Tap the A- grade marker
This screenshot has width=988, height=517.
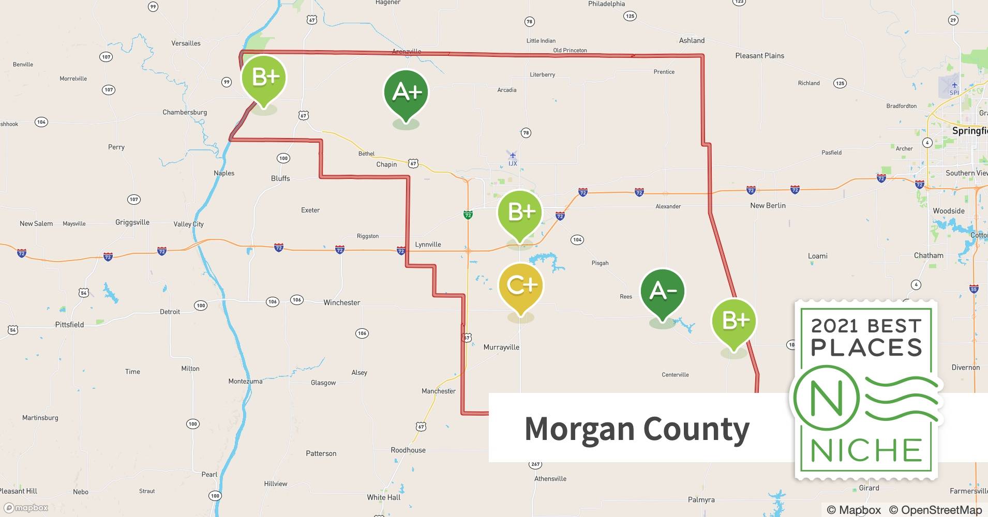pyautogui.click(x=662, y=292)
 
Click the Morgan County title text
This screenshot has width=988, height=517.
pyautogui.click(x=637, y=429)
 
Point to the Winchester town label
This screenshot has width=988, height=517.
pyautogui.click(x=341, y=302)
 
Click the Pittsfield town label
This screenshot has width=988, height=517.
pyautogui.click(x=69, y=325)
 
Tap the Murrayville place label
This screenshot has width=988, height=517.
pyautogui.click(x=501, y=347)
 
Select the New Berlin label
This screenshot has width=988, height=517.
pyautogui.click(x=768, y=205)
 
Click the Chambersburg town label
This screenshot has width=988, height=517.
pyautogui.click(x=185, y=112)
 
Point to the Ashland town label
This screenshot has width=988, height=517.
pyautogui.click(x=692, y=40)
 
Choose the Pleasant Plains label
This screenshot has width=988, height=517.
pyautogui.click(x=759, y=56)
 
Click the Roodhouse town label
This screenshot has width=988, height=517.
pyautogui.click(x=408, y=450)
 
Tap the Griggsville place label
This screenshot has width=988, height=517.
pyautogui.click(x=132, y=222)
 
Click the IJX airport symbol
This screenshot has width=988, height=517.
pyautogui.click(x=513, y=155)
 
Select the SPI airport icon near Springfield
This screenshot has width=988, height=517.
pyautogui.click(x=954, y=85)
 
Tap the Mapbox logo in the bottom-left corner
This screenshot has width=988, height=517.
pyautogui.click(x=26, y=508)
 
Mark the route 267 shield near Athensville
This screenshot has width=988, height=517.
pyautogui.click(x=535, y=464)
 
